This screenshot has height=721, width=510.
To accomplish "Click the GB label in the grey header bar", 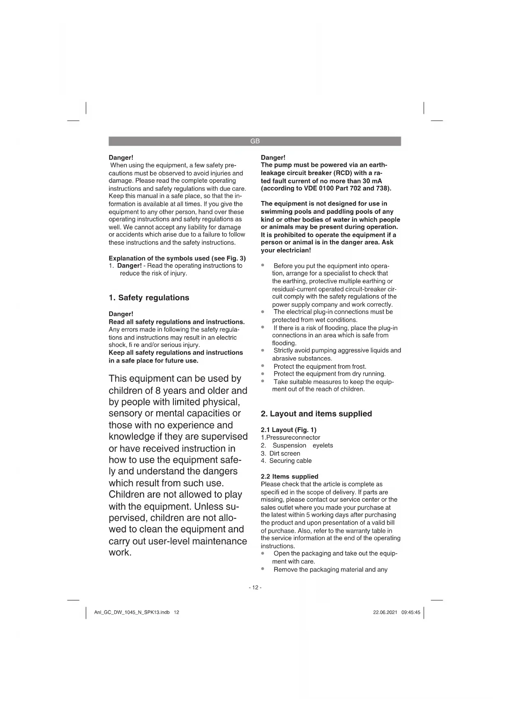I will coord(255,141).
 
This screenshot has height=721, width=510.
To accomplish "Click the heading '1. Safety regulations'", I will coord(149,298).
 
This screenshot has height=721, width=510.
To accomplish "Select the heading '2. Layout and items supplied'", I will coord(316,414).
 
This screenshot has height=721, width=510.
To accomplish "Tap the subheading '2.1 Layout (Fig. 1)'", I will coord(288,430).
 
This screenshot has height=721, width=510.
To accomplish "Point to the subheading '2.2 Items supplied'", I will coord(289,476).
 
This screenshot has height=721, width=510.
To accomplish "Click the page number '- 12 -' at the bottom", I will coord(255,587).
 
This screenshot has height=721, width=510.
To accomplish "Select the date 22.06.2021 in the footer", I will coord(385,612).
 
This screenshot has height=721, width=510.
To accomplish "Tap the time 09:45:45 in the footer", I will coord(411,612).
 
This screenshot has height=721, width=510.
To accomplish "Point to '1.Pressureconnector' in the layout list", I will coord(290,437).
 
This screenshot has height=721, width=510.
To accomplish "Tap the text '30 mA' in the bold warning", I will coord(372,181).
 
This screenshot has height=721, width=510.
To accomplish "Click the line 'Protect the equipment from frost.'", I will coord(320,366).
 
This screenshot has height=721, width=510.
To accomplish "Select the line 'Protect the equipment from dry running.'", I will coord(329,374).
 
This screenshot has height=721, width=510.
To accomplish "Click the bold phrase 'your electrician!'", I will coord(286,250).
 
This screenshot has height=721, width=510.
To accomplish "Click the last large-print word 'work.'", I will coord(120,552).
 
